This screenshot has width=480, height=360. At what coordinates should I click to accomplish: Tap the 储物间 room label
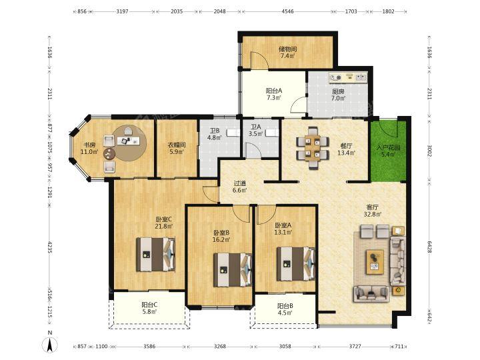point(288,49)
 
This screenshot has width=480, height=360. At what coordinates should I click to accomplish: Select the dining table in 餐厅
point(313,147)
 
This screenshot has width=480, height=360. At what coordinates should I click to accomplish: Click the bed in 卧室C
point(156,255)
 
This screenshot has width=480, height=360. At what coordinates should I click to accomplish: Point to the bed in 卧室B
point(233,270)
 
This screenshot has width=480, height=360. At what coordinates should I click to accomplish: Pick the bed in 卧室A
point(296,263)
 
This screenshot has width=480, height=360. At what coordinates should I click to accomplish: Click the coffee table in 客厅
point(375,262)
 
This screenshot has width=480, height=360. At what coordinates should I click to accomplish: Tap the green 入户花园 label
point(388,147)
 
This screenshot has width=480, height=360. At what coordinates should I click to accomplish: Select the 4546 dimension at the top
point(287,11)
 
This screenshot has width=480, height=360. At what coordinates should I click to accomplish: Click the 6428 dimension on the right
point(429,247)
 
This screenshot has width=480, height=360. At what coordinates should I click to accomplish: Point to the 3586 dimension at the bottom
point(149,347)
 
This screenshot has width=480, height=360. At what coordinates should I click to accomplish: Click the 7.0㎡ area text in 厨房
point(339,98)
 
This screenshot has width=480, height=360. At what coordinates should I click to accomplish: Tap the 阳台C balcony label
point(150,305)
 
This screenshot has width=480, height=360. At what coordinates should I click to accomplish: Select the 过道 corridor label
point(240,184)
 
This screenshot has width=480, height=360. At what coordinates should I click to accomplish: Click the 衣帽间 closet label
point(177,145)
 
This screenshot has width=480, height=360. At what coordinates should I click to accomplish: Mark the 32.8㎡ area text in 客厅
point(373,214)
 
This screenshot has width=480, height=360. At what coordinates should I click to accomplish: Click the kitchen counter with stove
point(348,77)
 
